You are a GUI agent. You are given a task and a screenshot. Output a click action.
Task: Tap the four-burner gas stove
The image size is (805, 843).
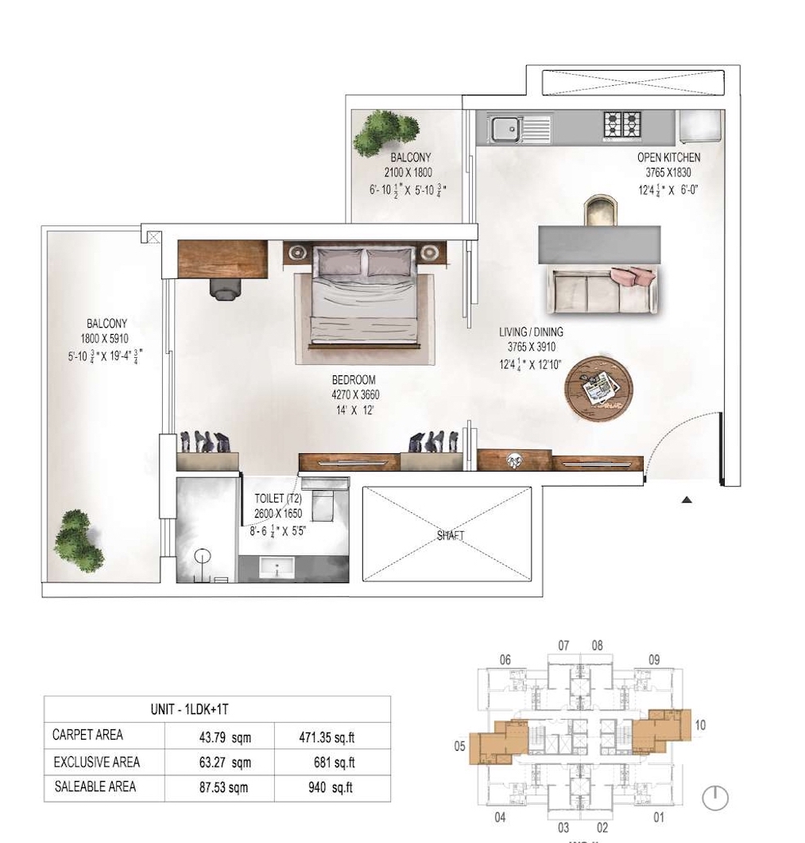point(621,126)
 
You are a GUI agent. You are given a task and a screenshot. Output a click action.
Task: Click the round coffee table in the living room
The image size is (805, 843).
point(598,387)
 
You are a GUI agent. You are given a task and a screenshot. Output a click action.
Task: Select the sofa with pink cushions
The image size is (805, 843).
point(602,289)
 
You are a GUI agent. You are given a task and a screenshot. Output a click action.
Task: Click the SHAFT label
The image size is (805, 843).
point(451,535)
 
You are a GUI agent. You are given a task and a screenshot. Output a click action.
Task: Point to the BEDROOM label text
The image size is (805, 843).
point(354,379)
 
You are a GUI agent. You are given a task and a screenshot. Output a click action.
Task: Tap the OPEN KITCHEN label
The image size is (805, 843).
point(668,157)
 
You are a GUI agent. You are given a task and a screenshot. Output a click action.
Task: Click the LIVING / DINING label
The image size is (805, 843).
point(531,332)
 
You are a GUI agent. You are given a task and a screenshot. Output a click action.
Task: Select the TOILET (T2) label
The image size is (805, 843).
point(278,499)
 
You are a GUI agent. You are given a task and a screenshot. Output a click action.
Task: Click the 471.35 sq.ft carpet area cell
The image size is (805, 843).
point(327,738)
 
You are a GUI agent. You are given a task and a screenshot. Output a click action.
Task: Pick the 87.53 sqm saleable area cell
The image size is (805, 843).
point(223,787)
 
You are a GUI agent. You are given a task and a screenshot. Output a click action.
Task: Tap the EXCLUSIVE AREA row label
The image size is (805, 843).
point(97,762)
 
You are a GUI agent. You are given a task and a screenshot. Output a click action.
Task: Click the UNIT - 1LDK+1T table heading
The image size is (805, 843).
point(190,709)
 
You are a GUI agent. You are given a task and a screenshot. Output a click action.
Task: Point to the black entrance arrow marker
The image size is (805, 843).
point(687,500)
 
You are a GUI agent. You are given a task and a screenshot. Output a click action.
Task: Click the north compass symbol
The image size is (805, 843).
point(715,798)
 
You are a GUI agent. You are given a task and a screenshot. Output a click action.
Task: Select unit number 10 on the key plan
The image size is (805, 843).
point(699,725)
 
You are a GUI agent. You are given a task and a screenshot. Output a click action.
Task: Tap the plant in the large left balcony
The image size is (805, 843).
point(79,540)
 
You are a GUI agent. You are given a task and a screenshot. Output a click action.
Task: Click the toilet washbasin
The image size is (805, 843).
point(277,567)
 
